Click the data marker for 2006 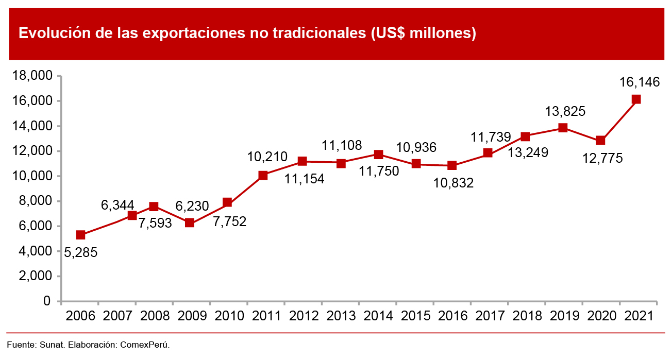[80, 235]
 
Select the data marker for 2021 [636, 99]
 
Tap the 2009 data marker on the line [190, 223]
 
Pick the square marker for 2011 [263, 175]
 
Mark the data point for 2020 [600, 140]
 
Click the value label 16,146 [640, 82]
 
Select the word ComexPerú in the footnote [145, 344]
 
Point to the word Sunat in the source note [50, 344]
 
